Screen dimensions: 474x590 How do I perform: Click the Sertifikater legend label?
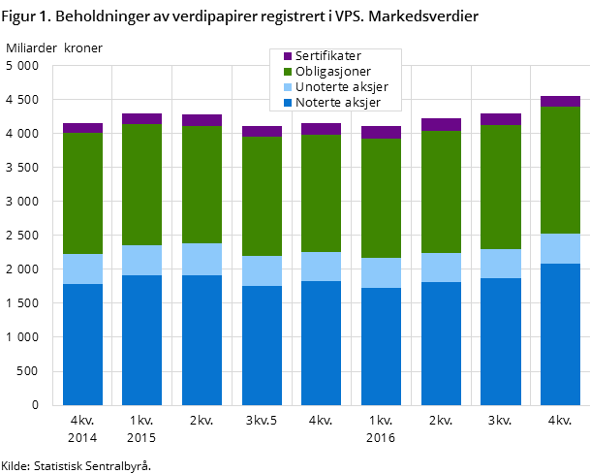point(327,56)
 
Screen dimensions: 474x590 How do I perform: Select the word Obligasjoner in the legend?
point(332,72)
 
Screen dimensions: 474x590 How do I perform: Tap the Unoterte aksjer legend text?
point(341,87)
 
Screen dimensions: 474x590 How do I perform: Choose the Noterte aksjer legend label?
point(337,103)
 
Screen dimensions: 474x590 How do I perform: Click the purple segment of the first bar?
point(82,128)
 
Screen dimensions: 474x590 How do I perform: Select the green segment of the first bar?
point(82,193)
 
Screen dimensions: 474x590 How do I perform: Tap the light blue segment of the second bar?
point(142,260)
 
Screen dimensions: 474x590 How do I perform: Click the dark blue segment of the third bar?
point(202,339)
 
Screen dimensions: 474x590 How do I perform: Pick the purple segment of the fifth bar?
point(321,129)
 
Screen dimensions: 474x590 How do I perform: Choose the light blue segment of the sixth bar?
point(381,272)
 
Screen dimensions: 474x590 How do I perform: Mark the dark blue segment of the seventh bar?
point(441,343)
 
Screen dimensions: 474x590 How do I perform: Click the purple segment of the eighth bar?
point(500,119)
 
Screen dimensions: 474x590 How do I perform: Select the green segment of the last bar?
point(560,170)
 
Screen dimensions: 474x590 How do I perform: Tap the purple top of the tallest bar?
point(560,101)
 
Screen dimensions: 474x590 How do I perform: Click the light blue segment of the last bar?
point(560,248)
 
